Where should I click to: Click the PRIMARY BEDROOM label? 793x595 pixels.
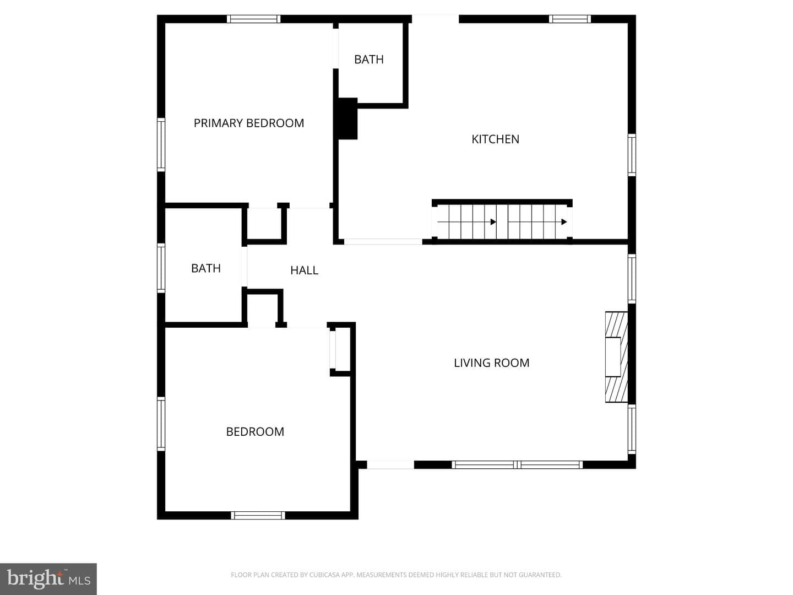248,123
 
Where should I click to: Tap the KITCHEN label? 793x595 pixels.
495,139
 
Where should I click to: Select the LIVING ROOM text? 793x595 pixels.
491,363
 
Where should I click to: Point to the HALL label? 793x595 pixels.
304,270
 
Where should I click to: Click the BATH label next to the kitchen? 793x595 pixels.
369,59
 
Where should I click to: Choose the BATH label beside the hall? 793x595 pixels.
205,268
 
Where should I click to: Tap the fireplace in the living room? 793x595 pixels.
616,357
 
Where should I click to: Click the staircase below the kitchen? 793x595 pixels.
502,222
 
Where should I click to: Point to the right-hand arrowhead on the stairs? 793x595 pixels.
564,222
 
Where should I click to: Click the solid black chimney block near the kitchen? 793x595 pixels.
347,118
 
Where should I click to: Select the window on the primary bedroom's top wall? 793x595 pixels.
254,19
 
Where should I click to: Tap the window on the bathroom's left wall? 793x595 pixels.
161,268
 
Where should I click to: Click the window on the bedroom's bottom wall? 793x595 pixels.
258,515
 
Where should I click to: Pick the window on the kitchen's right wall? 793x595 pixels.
632,155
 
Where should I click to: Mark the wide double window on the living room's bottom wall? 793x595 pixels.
517,464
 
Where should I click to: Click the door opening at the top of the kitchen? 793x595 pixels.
436,19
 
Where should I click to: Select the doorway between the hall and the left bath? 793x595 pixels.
245,267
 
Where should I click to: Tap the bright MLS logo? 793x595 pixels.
48,578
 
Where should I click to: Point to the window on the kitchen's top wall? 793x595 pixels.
570,19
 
